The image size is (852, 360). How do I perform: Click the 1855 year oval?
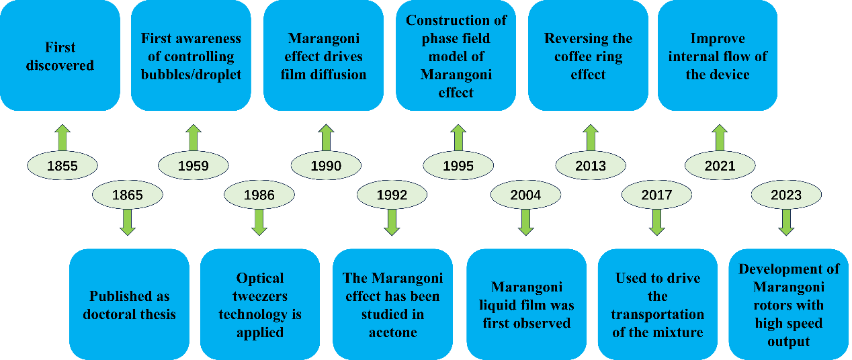pyautogui.click(x=62, y=165)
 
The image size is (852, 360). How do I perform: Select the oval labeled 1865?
pyautogui.click(x=128, y=195)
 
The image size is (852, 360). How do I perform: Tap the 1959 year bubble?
pyautogui.click(x=194, y=165)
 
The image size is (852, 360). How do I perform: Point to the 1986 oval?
pyautogui.click(x=259, y=195)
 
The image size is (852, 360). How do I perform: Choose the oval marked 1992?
pyautogui.click(x=392, y=195)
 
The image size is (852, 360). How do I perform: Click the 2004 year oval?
pyautogui.click(x=525, y=195)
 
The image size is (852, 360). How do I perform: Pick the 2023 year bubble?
pyautogui.click(x=786, y=195)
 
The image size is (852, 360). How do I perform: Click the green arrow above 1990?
pyautogui.click(x=326, y=137)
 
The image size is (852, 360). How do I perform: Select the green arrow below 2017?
pyautogui.click(x=657, y=222)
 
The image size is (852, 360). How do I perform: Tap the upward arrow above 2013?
pyautogui.click(x=591, y=137)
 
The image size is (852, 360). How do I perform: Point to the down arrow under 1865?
pyautogui.click(x=128, y=222)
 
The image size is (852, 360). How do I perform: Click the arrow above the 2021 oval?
pyautogui.click(x=720, y=137)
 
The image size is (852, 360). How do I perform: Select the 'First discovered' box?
pyautogui.click(x=60, y=56)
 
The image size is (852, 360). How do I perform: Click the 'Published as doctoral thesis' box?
pyautogui.click(x=129, y=304)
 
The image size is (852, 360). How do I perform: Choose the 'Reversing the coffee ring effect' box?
pyautogui.click(x=588, y=56)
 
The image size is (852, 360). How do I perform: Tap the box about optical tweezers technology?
pyautogui.click(x=260, y=304)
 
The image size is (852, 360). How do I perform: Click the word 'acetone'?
pyautogui.click(x=393, y=332)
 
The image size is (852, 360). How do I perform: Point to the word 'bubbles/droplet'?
pyautogui.click(x=191, y=75)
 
